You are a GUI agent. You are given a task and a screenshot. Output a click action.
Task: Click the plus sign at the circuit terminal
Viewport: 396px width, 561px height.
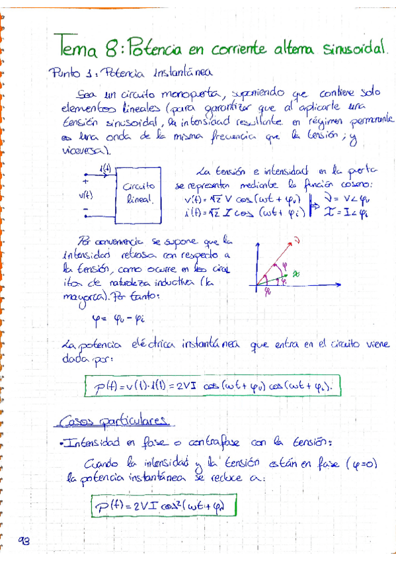(85, 179)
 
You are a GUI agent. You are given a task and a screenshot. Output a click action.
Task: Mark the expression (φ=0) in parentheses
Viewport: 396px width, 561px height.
(360, 465)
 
